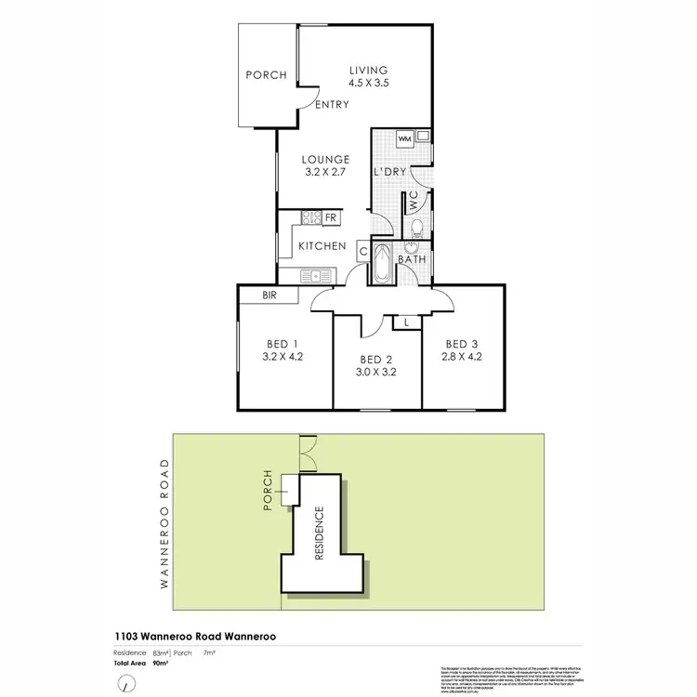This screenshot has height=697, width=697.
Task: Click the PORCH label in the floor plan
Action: coord(266,76)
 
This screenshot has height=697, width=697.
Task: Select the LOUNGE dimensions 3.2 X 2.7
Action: coord(323,173)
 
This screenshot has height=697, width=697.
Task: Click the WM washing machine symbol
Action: coord(404,138)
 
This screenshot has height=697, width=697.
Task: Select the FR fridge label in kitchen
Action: coord(330,218)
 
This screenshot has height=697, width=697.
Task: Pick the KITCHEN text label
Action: coord(322,247)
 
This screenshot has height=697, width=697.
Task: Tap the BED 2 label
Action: coord(377,361)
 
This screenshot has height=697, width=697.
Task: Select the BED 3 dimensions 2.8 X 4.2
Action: coord(462,356)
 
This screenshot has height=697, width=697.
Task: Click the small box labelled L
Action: coord(407,322)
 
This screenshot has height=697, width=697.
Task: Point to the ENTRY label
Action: coord(332,105)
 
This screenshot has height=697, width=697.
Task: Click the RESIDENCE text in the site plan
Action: coord(320,532)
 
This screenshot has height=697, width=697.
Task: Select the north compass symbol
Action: coord(124,683)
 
